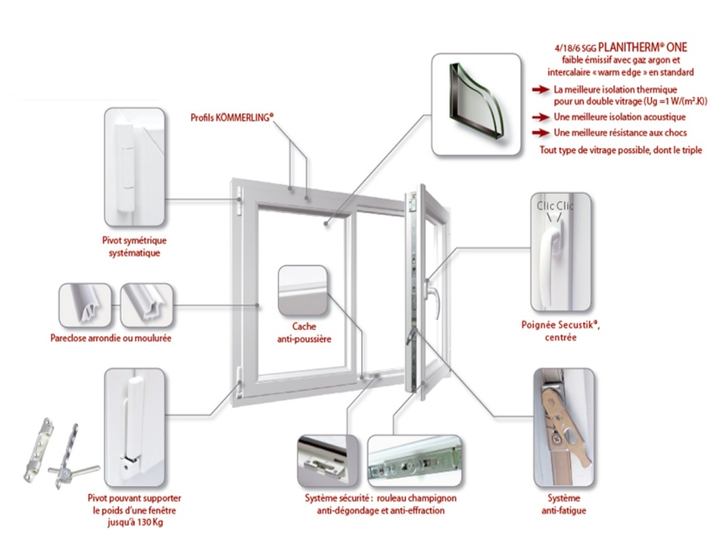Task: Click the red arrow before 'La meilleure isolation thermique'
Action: (x=540, y=90)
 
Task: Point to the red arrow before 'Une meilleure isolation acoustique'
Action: (x=540, y=117)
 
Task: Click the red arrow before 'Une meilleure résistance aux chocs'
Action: (x=540, y=133)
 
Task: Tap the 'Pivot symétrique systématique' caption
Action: (x=133, y=247)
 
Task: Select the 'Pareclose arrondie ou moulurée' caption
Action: (x=110, y=338)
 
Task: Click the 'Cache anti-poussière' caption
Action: (x=302, y=333)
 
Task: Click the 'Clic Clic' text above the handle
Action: (x=555, y=205)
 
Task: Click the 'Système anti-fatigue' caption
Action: (x=563, y=505)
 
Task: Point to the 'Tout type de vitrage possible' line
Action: (x=620, y=150)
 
